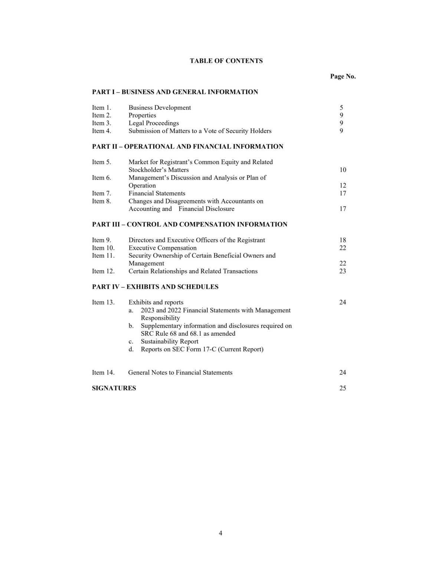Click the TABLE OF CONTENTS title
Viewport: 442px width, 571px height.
[226, 61]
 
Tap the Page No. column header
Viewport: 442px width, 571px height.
[343, 76]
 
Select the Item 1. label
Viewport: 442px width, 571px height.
[101, 108]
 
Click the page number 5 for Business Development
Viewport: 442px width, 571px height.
[341, 108]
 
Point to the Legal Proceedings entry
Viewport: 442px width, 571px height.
[154, 123]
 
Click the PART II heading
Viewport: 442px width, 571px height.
[187, 146]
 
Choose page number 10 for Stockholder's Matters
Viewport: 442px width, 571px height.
[343, 170]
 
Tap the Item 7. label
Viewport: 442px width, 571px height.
[101, 193]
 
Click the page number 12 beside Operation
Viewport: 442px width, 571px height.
[343, 185]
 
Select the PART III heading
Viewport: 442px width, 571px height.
[190, 224]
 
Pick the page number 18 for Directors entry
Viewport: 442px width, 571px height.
[343, 240]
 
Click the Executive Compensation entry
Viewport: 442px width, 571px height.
[163, 248]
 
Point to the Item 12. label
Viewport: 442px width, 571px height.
[103, 271]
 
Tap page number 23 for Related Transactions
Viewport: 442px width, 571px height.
[343, 271]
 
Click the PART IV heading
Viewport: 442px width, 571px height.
[155, 287]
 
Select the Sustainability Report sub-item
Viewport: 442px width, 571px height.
[169, 341]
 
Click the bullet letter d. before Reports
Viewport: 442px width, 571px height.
[131, 349]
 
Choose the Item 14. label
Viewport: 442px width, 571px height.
[103, 372]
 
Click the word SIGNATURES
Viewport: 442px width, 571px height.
[114, 388]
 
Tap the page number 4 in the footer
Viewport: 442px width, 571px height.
[220, 533]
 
